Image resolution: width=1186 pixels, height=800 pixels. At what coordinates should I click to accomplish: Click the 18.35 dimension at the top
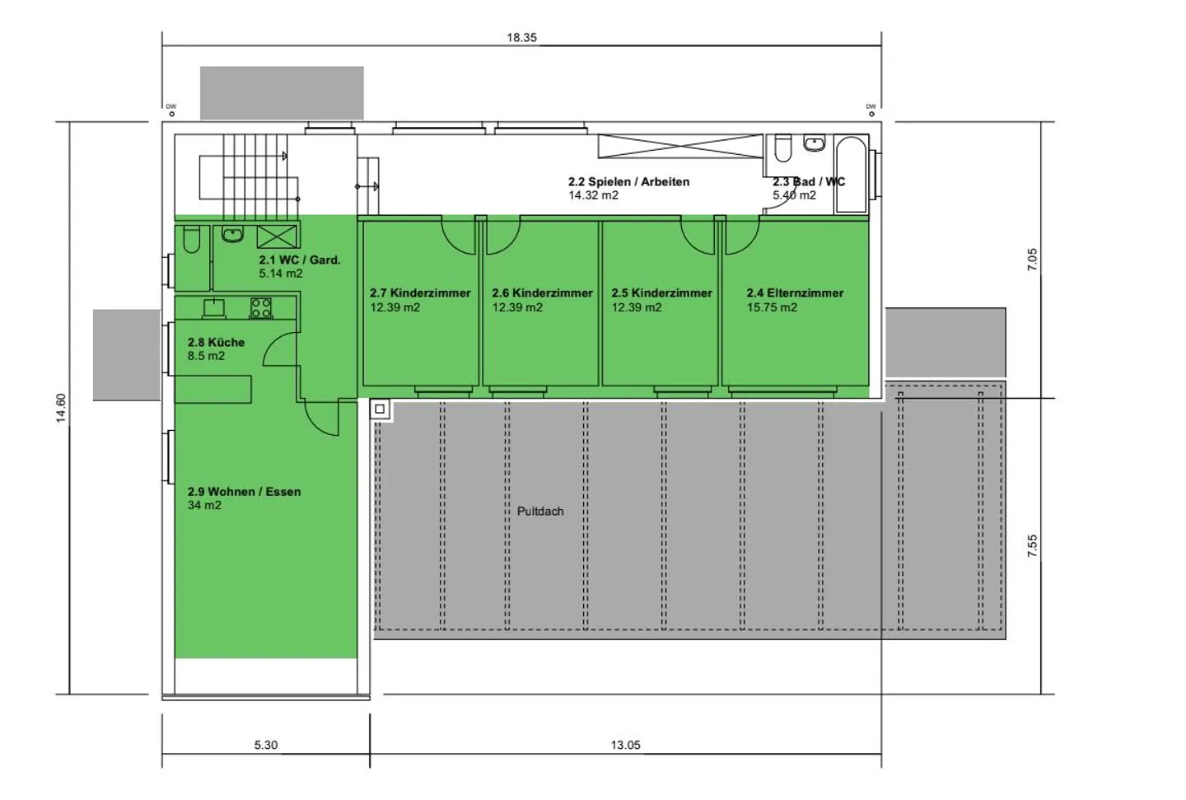point(521,38)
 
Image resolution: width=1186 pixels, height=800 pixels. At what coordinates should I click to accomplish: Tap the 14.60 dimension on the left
point(61,409)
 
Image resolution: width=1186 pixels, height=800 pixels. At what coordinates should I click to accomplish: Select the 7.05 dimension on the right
point(1033,260)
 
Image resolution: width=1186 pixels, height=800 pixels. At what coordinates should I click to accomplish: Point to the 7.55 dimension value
point(1033,546)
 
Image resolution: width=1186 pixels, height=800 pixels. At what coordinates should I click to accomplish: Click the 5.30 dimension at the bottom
point(265,745)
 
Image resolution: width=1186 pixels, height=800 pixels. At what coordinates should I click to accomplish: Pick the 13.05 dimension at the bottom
point(625,745)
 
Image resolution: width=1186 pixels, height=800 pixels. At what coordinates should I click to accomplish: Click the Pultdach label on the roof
point(540,512)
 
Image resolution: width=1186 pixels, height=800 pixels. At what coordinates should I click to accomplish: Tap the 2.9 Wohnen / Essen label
point(244,492)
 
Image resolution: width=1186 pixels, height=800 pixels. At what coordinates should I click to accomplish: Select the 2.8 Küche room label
point(216,342)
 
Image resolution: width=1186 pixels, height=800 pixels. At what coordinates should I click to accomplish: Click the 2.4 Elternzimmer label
point(795,292)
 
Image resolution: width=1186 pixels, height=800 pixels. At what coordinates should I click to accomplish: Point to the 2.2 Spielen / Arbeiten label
point(628,181)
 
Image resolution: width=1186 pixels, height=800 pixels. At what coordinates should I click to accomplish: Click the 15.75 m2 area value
point(772,307)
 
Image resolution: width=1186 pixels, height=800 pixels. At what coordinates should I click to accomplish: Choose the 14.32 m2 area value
point(593,195)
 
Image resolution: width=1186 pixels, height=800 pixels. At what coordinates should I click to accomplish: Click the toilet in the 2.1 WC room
point(191,241)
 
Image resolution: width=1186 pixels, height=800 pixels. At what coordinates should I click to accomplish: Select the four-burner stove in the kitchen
point(261,308)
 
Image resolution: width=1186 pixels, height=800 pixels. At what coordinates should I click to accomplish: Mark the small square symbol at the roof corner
point(380,409)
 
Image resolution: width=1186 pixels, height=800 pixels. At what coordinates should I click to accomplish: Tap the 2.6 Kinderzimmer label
point(542,292)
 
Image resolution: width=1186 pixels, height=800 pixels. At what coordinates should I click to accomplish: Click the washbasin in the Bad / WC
point(815,144)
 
